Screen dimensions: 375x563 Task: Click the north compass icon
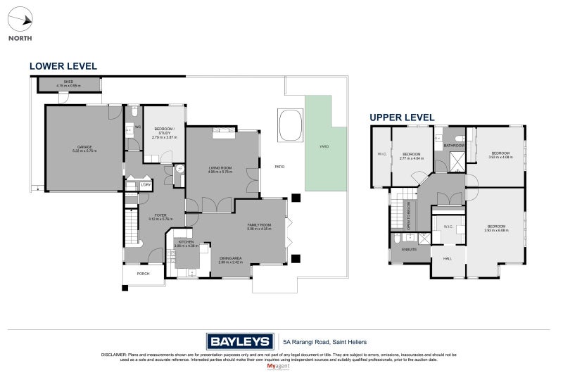point(20,21)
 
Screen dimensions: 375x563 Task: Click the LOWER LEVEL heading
point(63,66)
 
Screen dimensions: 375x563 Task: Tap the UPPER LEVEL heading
point(402,117)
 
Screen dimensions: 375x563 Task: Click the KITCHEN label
point(186,242)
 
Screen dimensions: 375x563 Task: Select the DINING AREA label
point(230,258)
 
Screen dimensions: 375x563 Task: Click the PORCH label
point(143,274)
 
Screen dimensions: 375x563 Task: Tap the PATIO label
point(279,166)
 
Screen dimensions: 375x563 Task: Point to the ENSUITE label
point(409,249)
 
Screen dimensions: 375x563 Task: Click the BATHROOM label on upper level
point(453,146)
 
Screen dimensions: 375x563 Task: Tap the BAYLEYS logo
point(239,342)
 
